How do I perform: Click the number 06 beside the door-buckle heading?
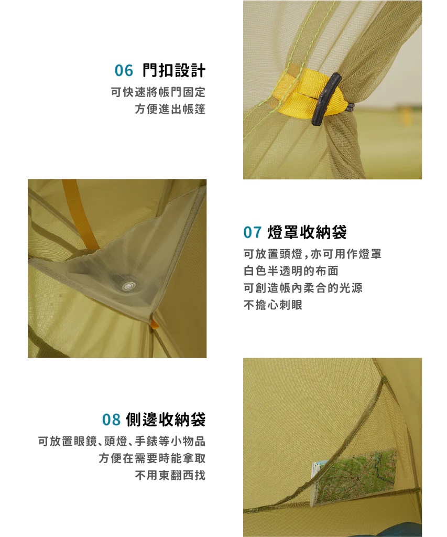[124, 71]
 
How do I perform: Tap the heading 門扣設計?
[174, 70]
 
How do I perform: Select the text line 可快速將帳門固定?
[158, 92]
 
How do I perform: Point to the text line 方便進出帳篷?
[170, 109]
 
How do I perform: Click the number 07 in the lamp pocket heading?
[253, 232]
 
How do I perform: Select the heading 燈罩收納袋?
[308, 232]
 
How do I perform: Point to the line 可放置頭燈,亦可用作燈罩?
[312, 254]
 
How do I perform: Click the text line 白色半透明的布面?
[291, 271]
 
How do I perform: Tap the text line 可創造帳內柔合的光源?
[303, 288]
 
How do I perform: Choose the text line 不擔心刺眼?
[273, 305]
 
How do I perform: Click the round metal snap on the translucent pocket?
[129, 286]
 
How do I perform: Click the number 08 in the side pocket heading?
[112, 420]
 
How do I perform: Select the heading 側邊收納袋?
[166, 419]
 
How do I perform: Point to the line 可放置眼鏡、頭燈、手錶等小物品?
[122, 442]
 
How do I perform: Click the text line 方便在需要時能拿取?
[152, 458]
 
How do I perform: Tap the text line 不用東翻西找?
[170, 475]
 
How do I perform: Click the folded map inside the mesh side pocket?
[353, 476]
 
